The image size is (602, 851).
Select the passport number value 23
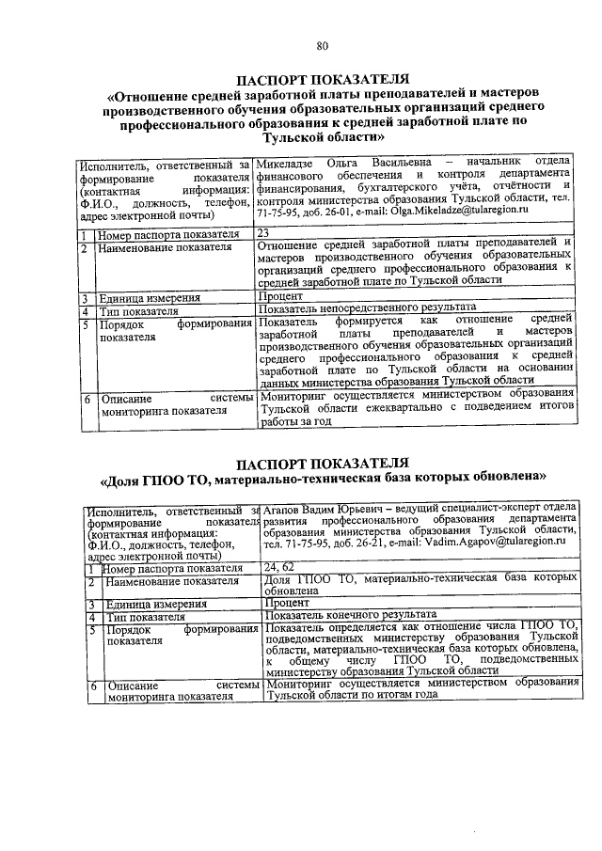coord(263,233)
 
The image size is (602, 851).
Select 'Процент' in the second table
coord(287,604)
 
